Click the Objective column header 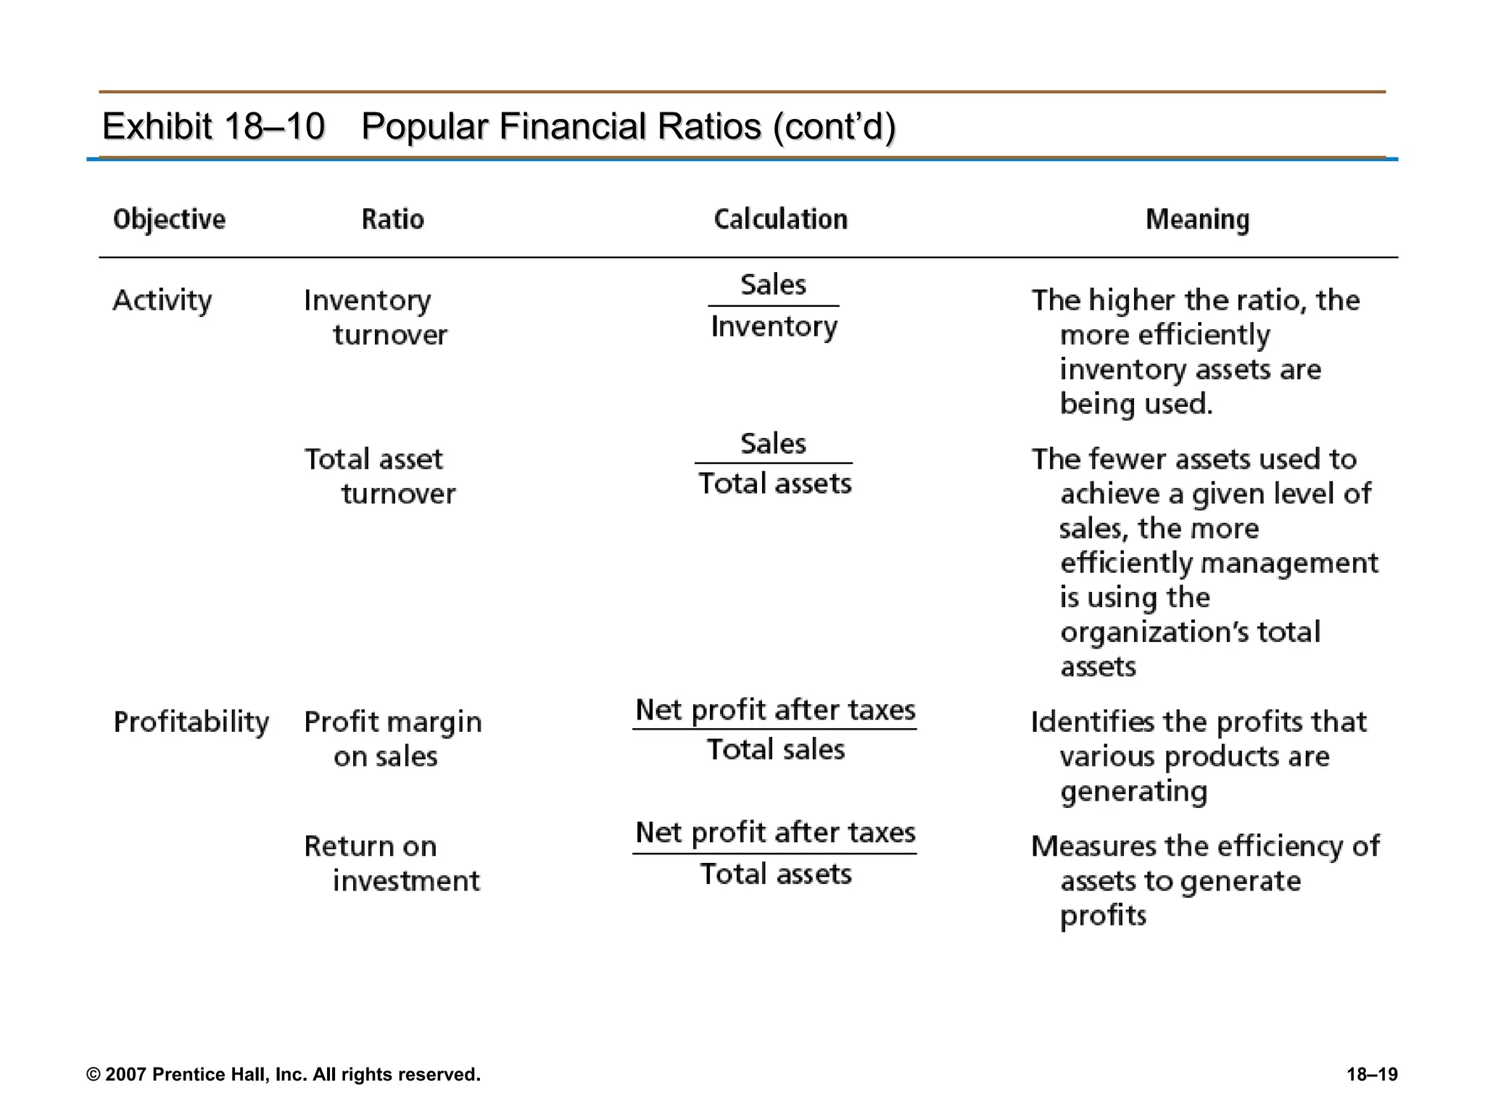coord(169,219)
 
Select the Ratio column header coord(392,219)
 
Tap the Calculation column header coord(780,219)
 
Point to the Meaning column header coord(1197,219)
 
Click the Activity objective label coord(162,300)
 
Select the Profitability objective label coord(191,722)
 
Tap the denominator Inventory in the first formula coord(774,327)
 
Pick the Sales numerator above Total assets coord(773,443)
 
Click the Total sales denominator coord(775,749)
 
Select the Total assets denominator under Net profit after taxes coord(775,874)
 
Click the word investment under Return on coord(406,881)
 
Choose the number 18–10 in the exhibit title coord(274,126)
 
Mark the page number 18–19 coord(1372,1074)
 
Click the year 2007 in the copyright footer coord(126,1074)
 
